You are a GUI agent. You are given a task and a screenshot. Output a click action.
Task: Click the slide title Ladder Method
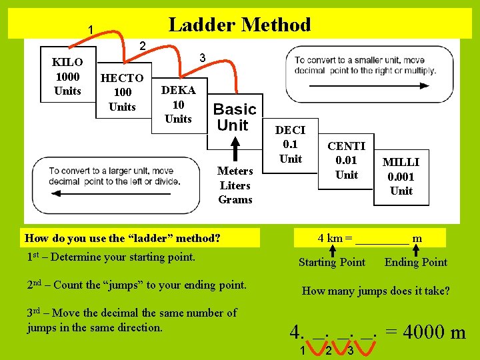tap(239, 25)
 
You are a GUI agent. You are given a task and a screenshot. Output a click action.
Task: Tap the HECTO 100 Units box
tap(122, 92)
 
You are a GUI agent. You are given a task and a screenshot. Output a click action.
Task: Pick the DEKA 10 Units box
tap(178, 105)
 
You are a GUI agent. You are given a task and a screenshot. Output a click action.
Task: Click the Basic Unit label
tap(234, 117)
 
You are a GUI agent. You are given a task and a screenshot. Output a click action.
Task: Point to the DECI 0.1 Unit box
tap(291, 145)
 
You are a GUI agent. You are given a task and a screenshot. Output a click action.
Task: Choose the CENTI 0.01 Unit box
tap(347, 160)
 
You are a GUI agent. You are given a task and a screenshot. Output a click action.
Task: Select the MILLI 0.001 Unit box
tap(401, 176)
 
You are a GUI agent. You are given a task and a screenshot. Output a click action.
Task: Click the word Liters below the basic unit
tap(235, 185)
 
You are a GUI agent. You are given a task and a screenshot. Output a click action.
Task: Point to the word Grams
tap(235, 199)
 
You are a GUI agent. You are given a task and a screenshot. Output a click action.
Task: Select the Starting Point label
tap(332, 262)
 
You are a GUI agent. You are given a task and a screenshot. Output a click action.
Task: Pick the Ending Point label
tap(416, 262)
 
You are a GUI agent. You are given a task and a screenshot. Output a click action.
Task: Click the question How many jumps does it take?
tap(376, 291)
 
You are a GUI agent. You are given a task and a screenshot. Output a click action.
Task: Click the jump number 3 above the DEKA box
tap(202, 58)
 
